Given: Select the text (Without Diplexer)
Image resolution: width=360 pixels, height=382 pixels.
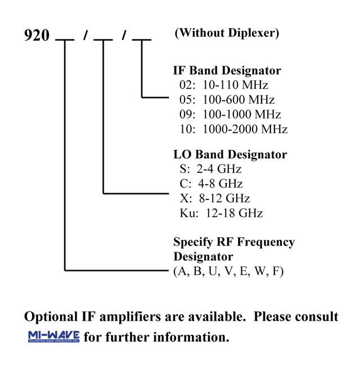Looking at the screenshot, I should (x=227, y=33).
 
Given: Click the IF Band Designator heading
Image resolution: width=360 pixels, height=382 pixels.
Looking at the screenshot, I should (x=227, y=71).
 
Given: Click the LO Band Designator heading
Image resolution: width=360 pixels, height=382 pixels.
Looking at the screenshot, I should (x=230, y=154).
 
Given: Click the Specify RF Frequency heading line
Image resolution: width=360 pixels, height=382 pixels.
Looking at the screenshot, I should (x=233, y=242).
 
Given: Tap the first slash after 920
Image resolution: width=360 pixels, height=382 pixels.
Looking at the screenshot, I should (x=85, y=37).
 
